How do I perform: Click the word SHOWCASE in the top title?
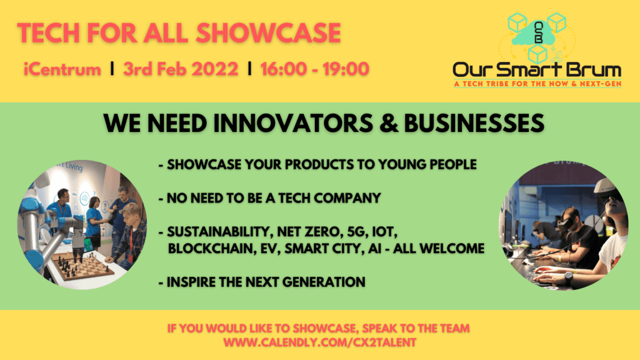(268, 33)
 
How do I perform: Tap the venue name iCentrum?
(62, 69)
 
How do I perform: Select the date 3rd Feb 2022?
(181, 69)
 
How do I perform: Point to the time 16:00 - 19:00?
(315, 69)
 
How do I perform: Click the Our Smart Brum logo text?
(537, 70)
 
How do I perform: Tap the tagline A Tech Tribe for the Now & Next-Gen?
(537, 84)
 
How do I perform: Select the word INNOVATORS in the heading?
(293, 123)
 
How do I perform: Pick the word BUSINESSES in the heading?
(474, 123)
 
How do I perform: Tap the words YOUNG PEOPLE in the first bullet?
(427, 164)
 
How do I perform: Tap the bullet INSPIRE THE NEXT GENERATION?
(262, 282)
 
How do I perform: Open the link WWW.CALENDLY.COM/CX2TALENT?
(319, 342)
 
